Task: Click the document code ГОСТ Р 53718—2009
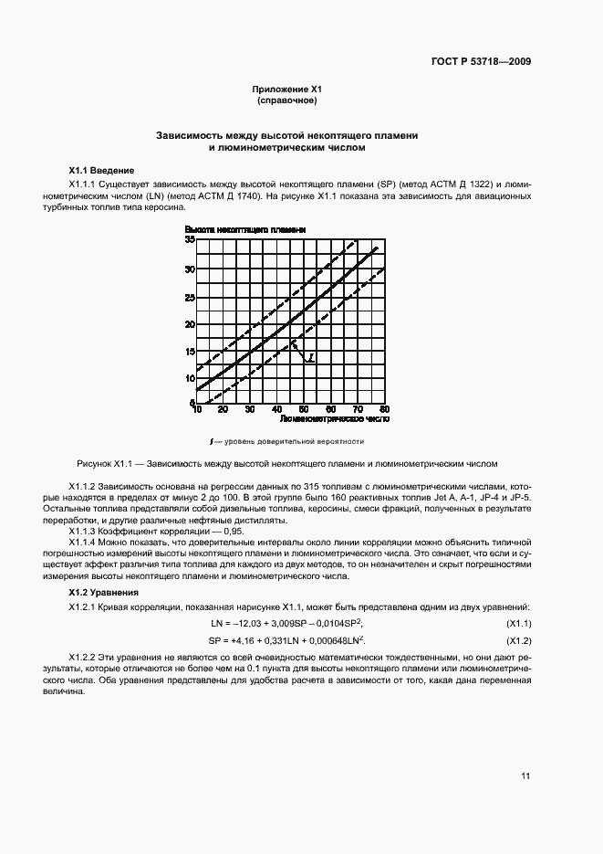[481, 62]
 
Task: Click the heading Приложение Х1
[287, 89]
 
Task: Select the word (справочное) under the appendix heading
[287, 100]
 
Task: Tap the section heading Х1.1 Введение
[102, 171]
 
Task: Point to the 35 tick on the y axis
[190, 240]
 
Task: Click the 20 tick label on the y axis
[190, 323]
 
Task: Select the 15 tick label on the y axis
[190, 351]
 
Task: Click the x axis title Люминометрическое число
[334, 421]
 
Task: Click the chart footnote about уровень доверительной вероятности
[287, 441]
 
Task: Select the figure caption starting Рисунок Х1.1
[287, 463]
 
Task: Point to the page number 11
[525, 776]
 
